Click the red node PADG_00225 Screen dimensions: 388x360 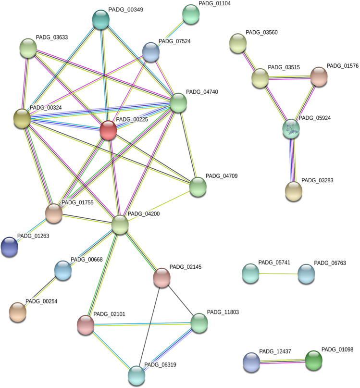tap(108, 130)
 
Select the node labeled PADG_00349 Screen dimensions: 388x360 tap(100, 19)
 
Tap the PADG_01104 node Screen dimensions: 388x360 tap(191, 14)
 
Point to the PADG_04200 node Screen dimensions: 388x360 tap(120, 225)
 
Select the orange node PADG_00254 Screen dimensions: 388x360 tap(18, 312)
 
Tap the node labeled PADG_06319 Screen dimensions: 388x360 tap(137, 375)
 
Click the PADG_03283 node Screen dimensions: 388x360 tap(294, 191)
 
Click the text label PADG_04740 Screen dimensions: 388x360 tap(202, 92)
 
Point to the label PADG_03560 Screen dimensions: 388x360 tap(261, 33)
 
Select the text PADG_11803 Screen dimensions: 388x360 tap(223, 312)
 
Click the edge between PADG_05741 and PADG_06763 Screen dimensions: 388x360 tap(278, 274)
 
